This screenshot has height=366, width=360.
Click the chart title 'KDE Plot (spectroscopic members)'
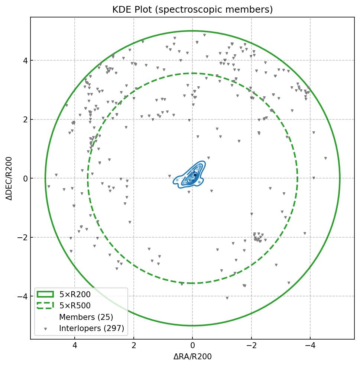tap(192, 10)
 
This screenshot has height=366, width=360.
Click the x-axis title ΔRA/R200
tap(192, 357)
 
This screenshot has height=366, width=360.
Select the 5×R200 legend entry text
tap(75, 295)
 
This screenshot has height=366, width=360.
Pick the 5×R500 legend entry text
tap(75, 306)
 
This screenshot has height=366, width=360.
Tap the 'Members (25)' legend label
tap(86, 317)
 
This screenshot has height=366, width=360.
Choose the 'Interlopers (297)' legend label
tap(91, 328)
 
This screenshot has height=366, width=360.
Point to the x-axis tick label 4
tap(75, 346)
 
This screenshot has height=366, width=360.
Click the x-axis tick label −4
tap(310, 346)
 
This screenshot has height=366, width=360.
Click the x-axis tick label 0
tap(192, 346)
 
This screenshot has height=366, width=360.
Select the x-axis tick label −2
tap(251, 346)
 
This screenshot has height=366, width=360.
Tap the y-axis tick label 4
tap(25, 60)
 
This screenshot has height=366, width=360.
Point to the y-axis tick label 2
tap(25, 119)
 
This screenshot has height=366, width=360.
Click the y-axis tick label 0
tap(25, 179)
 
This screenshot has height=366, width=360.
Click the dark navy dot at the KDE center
tap(195, 174)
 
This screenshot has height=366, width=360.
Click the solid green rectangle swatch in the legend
tap(45, 294)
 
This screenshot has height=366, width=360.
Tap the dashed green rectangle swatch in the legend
tap(45, 306)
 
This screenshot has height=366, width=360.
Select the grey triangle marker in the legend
tap(45, 329)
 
